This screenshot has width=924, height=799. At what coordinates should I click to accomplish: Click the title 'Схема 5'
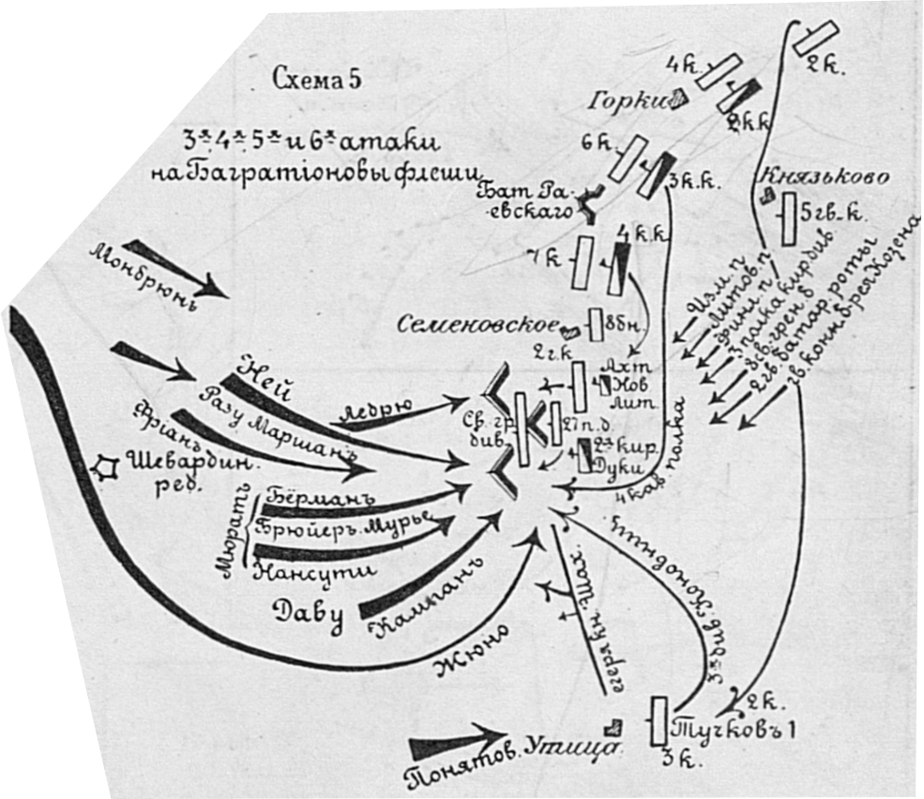[x=315, y=80]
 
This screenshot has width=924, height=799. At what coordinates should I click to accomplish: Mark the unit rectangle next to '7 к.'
[x=583, y=263]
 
